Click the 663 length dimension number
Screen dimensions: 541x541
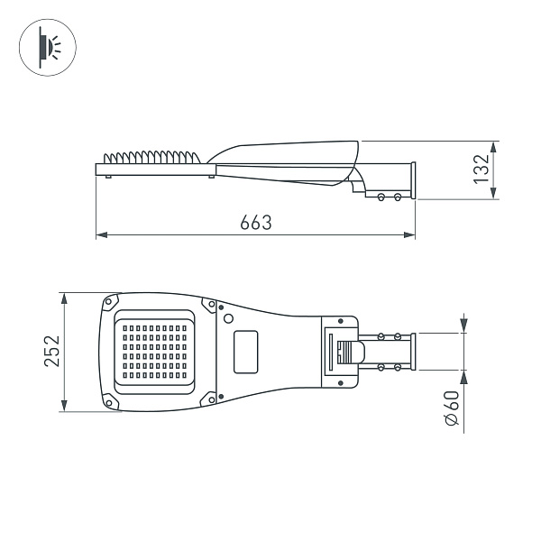pyautogui.click(x=255, y=223)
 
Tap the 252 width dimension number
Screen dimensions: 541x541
pyautogui.click(x=51, y=351)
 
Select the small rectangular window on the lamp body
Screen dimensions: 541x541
pyautogui.click(x=245, y=351)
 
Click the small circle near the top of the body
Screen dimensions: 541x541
pyautogui.click(x=229, y=318)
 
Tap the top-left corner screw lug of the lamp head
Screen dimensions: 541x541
pyautogui.click(x=110, y=302)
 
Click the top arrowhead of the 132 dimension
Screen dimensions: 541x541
pyautogui.click(x=493, y=145)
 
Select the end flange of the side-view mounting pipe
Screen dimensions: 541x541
pyautogui.click(x=413, y=179)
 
